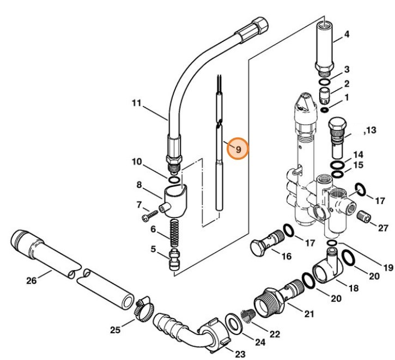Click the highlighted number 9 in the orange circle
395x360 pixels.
238,148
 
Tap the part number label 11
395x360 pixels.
137,102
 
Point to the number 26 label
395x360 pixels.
31,281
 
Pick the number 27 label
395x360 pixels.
383,228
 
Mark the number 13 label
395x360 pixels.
370,130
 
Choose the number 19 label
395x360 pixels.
387,267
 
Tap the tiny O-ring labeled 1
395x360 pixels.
325,110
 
